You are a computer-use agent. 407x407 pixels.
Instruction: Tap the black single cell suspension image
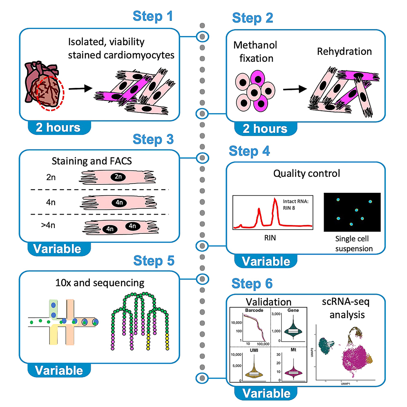click(x=352, y=212)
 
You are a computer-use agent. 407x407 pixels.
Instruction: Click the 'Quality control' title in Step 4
click(x=307, y=174)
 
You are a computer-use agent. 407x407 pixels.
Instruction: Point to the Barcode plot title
click(x=253, y=310)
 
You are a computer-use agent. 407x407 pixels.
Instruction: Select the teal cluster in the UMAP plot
click(x=329, y=336)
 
